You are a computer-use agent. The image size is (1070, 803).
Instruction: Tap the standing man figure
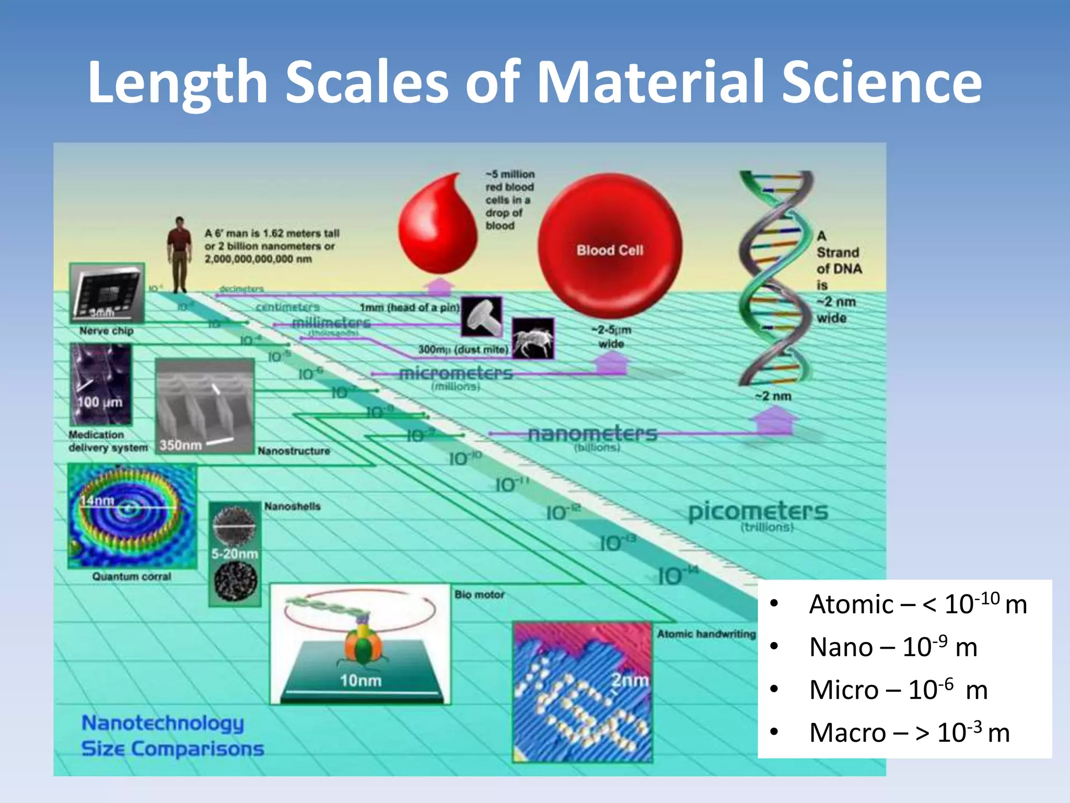(x=180, y=255)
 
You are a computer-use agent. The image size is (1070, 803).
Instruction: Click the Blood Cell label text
(x=610, y=250)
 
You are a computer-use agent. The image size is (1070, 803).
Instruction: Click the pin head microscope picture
(x=481, y=317)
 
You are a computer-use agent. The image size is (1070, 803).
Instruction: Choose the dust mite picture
(x=532, y=339)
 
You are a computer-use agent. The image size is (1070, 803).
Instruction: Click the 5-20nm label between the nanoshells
(x=235, y=554)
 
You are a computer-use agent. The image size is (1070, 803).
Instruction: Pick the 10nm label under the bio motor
(x=360, y=681)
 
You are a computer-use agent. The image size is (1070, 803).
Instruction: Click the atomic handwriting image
(x=583, y=692)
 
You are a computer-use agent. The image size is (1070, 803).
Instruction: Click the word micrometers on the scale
(x=456, y=373)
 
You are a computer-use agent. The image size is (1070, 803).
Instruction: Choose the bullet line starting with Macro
(x=909, y=732)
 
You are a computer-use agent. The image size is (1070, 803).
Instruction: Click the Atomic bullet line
(x=917, y=604)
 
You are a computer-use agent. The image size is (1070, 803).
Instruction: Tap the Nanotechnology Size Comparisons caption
(x=172, y=736)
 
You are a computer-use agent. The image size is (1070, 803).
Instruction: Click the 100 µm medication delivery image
(x=101, y=385)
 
